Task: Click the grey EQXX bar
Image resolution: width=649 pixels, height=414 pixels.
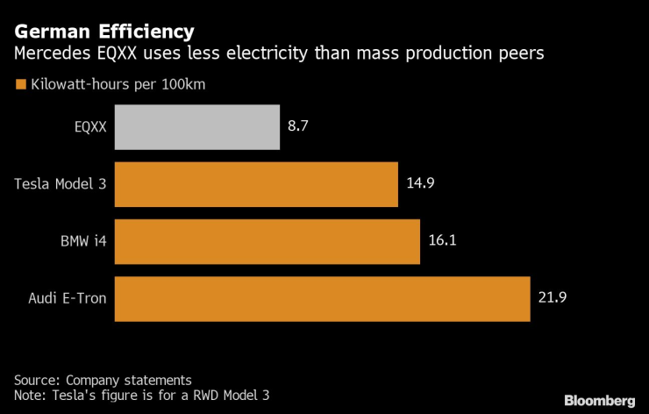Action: click(196, 127)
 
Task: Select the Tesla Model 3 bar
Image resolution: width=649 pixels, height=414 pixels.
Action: click(256, 184)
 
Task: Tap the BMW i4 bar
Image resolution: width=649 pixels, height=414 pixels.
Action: click(266, 241)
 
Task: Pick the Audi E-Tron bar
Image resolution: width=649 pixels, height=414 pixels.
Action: click(322, 298)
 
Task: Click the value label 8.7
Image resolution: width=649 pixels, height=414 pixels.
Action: click(298, 127)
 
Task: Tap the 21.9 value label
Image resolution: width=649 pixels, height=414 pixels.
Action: click(553, 298)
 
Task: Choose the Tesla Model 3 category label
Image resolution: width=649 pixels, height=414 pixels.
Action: click(61, 184)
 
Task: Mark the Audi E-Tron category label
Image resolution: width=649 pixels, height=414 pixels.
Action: click(67, 298)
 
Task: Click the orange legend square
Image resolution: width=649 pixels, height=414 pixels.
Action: click(19, 85)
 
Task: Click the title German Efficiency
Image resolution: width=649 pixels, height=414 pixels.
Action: click(104, 33)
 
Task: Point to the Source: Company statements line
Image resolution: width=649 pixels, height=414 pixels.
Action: click(103, 380)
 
